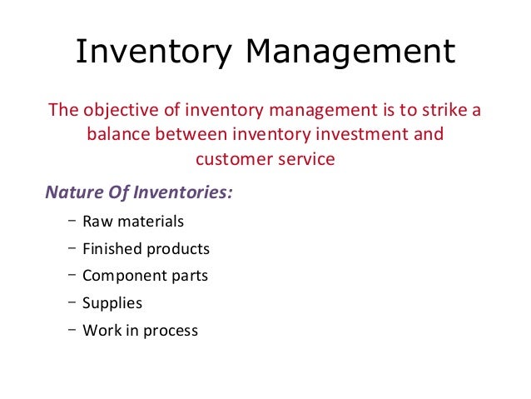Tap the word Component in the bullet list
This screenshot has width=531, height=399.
point(121,276)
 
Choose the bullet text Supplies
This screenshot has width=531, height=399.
point(112,303)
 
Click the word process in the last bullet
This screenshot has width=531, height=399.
point(170,331)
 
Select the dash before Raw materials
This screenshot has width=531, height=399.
point(66,220)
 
